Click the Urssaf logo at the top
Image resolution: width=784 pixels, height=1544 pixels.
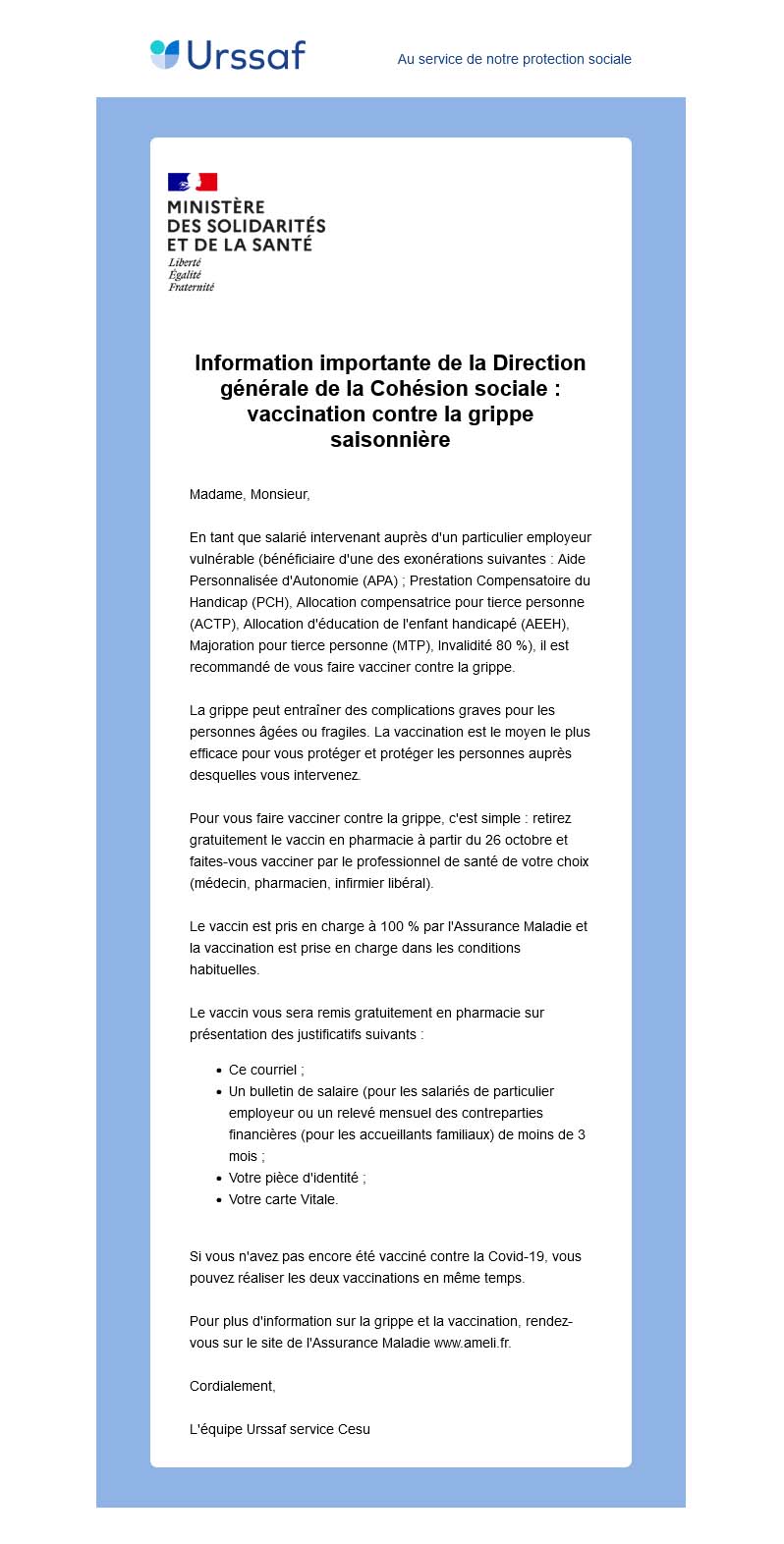click(228, 55)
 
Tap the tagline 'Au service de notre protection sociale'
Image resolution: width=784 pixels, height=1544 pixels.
click(514, 59)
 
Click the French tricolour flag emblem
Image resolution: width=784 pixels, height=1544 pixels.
click(193, 182)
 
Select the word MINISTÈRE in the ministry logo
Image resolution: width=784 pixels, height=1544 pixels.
click(216, 207)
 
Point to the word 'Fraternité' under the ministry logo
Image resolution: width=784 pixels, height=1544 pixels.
click(191, 287)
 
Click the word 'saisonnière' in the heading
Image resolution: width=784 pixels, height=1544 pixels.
click(390, 439)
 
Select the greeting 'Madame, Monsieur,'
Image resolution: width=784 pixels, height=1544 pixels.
click(250, 494)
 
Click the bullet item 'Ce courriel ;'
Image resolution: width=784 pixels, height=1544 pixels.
click(266, 1070)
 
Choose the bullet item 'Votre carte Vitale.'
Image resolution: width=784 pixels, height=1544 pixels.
click(283, 1199)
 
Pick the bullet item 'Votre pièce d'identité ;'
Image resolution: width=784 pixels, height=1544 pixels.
click(297, 1178)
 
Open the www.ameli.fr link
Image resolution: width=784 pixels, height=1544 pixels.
click(472, 1343)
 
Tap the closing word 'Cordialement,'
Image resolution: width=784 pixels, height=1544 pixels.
click(233, 1386)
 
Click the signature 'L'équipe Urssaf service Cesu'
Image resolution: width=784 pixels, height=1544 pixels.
click(280, 1429)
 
